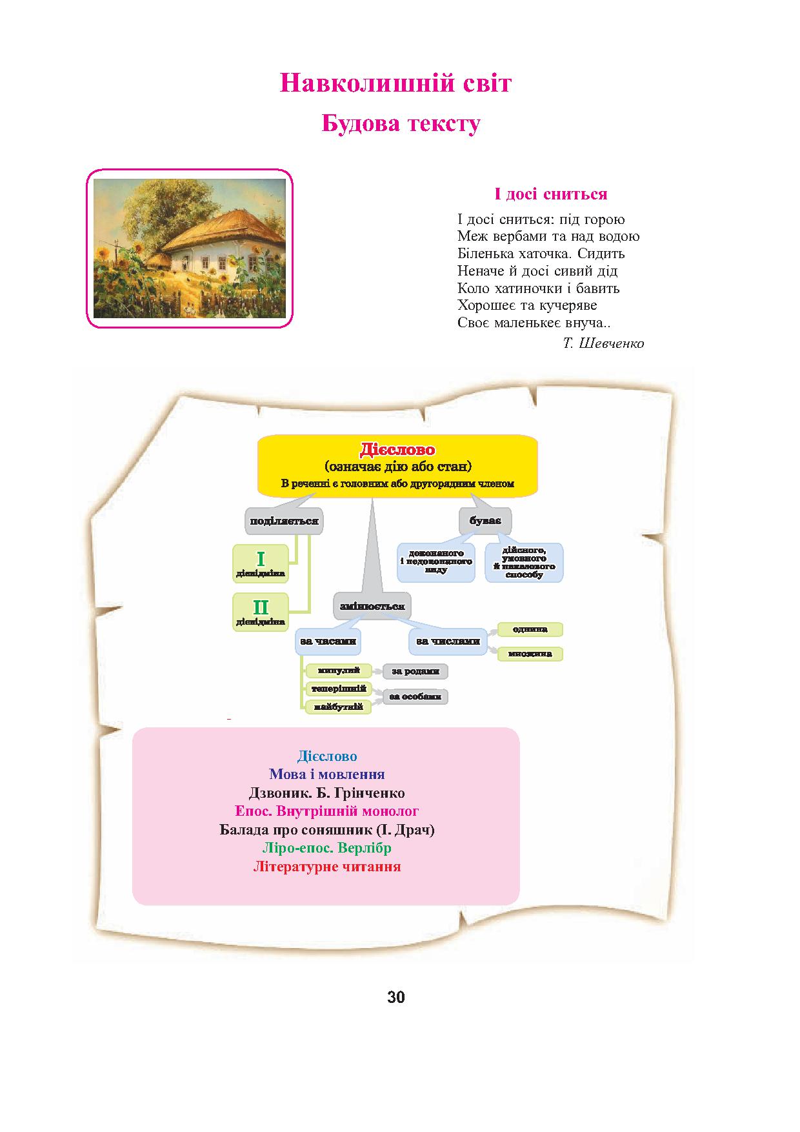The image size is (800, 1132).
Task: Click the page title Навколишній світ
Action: coord(395,84)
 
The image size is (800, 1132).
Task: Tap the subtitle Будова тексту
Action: coord(401,124)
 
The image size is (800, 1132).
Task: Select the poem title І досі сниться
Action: coord(550,194)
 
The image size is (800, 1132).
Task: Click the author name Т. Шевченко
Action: coord(603,343)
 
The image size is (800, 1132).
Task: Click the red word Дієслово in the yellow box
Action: coord(397,450)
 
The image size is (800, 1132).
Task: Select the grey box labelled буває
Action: coord(485,521)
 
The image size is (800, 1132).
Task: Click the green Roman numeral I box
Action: coord(261,563)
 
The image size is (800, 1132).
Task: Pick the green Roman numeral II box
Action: coord(261,611)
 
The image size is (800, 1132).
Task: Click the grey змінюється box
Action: coord(372,606)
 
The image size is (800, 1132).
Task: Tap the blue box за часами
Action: coord(328,642)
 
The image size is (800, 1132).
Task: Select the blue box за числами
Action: coord(448,641)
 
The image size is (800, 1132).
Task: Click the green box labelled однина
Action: coord(530,629)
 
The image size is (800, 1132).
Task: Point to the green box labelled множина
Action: coord(530,654)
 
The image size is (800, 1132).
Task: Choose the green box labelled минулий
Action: coord(339,671)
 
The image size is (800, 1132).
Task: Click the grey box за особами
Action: coord(415,697)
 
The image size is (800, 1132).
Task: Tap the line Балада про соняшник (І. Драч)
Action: coord(327,829)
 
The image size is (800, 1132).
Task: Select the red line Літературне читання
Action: coord(327,867)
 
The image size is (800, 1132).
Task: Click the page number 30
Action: coord(396,997)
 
